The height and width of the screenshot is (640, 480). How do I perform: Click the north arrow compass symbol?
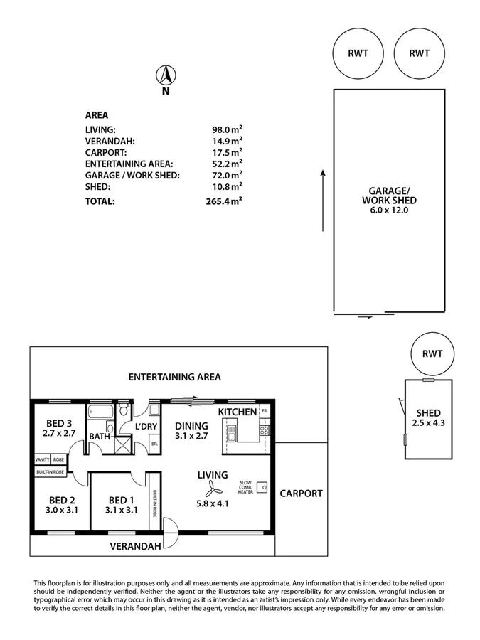coord(166,75)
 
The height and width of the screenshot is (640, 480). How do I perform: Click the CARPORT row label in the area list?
coord(106,152)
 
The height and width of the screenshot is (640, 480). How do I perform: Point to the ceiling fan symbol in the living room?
coord(211,489)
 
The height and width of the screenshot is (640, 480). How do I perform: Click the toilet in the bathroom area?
coord(124,410)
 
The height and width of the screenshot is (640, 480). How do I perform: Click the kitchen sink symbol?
coord(232,430)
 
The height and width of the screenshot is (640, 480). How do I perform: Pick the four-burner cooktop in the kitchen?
coord(264,430)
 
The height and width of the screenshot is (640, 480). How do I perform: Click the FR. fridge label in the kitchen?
coord(264,412)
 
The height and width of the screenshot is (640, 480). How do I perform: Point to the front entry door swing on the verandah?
coord(171,528)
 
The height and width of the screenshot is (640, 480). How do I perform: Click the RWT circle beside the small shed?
coord(432,353)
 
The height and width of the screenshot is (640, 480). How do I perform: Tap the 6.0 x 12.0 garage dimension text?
coord(389,210)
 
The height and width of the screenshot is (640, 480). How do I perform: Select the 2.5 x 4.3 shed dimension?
coord(428,424)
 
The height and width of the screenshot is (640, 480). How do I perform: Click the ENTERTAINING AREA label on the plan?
coord(174,378)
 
